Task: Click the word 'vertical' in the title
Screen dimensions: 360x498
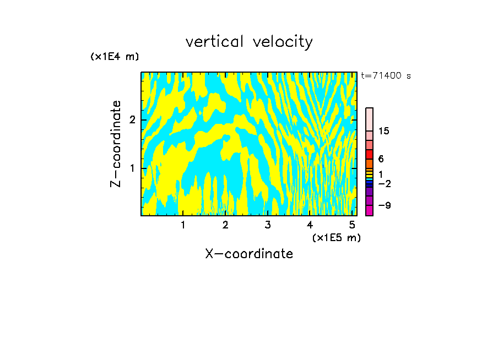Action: point(215,42)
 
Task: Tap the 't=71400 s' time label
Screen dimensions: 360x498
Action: point(386,76)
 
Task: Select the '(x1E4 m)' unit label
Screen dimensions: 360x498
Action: point(115,57)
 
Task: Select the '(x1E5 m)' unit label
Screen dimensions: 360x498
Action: point(336,237)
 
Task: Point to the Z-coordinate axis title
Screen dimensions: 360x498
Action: point(116,144)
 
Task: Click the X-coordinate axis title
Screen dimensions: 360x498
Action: point(249,254)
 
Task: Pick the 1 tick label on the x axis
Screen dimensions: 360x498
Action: point(183,225)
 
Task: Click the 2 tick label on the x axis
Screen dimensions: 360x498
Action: point(225,225)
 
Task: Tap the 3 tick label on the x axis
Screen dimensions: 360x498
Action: point(267,225)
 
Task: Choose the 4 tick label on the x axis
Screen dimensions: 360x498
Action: point(310,225)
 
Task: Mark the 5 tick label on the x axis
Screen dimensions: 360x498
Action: point(351,225)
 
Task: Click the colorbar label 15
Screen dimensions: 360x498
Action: point(384,131)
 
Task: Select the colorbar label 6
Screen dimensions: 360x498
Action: point(381,159)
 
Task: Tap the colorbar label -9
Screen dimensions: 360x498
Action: point(384,205)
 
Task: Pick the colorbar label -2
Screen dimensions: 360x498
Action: point(384,183)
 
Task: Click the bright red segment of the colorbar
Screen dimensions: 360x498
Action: point(369,155)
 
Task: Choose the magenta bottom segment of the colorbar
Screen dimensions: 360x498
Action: point(369,210)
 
